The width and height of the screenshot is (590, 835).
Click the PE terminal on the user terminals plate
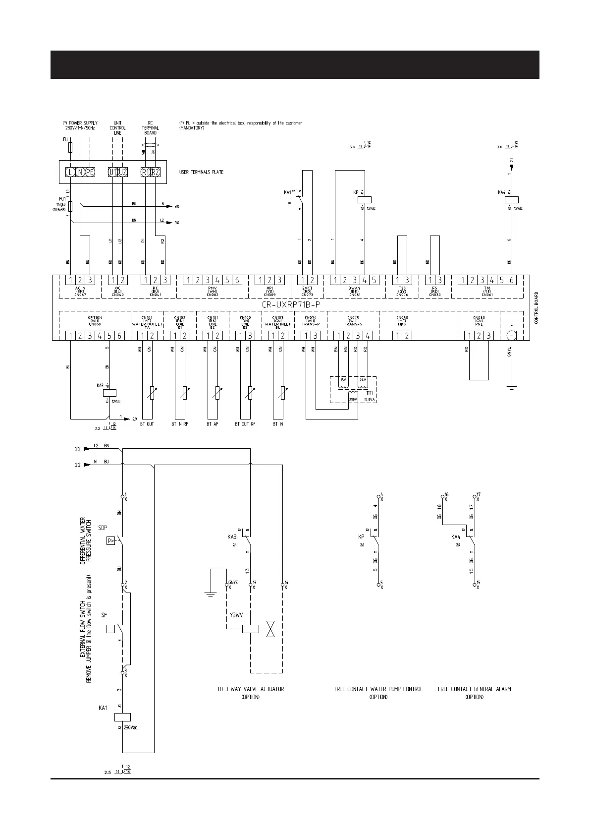pyautogui.click(x=90, y=173)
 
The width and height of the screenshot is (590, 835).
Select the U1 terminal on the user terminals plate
pyautogui.click(x=113, y=173)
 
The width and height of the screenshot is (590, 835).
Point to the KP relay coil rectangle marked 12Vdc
pyautogui.click(x=365, y=199)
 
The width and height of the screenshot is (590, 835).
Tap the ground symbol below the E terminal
pyautogui.click(x=511, y=387)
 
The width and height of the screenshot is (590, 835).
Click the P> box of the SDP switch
pyautogui.click(x=111, y=541)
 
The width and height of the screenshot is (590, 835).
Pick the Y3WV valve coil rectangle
pyautogui.click(x=251, y=629)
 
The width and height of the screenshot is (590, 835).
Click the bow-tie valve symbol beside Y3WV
pyautogui.click(x=270, y=629)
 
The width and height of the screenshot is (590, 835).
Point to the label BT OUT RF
pyautogui.click(x=245, y=424)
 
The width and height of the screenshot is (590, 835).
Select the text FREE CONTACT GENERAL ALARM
pyautogui.click(x=474, y=689)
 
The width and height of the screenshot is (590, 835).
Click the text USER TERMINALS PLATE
pyautogui.click(x=201, y=173)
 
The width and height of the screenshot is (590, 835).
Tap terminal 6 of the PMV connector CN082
pyautogui.click(x=237, y=281)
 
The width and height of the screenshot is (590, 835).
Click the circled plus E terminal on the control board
pyautogui.click(x=511, y=336)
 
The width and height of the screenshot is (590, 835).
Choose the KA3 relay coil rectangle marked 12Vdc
pyautogui.click(x=109, y=393)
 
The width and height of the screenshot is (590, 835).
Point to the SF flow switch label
pyautogui.click(x=104, y=615)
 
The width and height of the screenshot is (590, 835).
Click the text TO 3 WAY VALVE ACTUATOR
pyautogui.click(x=250, y=689)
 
